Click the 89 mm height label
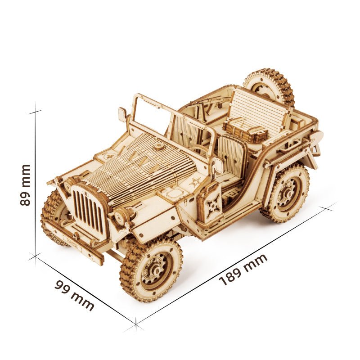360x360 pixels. pyautogui.click(x=26, y=184)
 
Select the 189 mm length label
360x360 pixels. pyautogui.click(x=243, y=270)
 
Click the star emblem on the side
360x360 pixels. pyautogui.click(x=195, y=183)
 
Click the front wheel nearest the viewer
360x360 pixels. pyautogui.click(x=151, y=270)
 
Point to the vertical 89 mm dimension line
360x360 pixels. pyautogui.click(x=35, y=184)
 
